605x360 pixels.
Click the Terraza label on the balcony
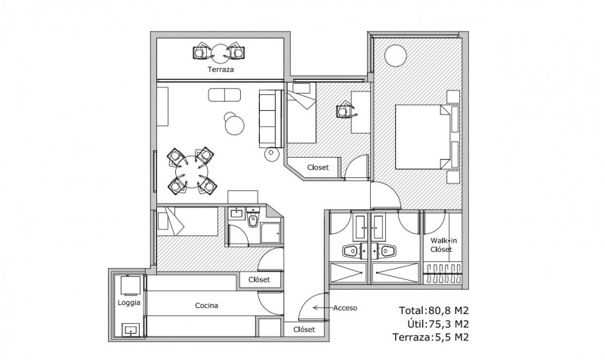(x=221, y=69)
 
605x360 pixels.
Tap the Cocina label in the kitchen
(x=206, y=306)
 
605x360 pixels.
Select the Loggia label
(x=129, y=303)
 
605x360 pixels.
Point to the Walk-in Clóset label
(x=443, y=245)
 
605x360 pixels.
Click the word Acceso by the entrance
(x=345, y=308)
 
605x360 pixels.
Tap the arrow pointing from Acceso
(x=323, y=308)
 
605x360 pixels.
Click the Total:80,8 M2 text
(x=434, y=311)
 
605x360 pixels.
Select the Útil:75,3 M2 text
(x=438, y=324)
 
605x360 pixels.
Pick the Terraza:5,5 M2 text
(x=431, y=337)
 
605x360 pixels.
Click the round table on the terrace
(x=221, y=54)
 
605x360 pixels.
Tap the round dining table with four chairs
(x=192, y=171)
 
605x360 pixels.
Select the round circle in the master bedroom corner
(x=396, y=56)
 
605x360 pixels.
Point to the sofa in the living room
(x=271, y=118)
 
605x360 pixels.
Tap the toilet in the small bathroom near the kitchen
(x=253, y=219)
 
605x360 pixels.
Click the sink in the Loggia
(x=131, y=331)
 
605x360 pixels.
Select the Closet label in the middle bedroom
(x=318, y=168)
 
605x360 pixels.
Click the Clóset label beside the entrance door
(x=304, y=330)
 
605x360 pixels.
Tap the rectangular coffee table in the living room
(x=224, y=95)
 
